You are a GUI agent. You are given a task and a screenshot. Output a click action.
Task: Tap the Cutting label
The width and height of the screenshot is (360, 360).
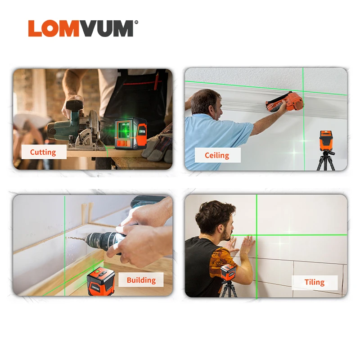43,152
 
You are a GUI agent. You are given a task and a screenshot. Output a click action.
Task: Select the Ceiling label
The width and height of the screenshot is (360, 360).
217,155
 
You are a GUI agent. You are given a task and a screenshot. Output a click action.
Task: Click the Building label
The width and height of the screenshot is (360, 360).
141,280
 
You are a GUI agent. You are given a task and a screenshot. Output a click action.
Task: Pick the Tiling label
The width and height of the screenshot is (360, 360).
314,282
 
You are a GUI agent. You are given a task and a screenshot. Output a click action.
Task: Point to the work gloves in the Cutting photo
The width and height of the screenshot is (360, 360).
158,144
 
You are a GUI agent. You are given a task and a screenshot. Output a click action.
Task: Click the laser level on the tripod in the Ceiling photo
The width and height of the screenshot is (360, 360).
326,141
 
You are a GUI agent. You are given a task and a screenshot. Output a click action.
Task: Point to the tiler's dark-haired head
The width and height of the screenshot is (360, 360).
215,216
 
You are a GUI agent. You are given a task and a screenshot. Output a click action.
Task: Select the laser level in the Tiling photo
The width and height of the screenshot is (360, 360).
229,273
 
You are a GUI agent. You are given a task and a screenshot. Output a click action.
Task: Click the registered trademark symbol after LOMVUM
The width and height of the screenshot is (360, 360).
136,21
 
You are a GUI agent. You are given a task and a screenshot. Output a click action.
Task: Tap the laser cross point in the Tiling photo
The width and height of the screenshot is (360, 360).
256,234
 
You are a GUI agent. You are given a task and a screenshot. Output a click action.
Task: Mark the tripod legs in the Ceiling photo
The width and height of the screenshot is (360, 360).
326,162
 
